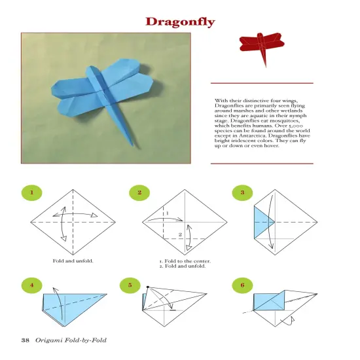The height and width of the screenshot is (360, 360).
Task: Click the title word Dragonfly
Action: (x=179, y=21)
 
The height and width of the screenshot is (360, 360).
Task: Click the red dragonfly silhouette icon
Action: (x=261, y=45)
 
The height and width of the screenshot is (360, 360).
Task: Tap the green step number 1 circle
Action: (x=30, y=192)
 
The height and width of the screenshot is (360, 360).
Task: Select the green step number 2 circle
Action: (x=139, y=192)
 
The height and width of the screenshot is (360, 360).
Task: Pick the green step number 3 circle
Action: (x=242, y=192)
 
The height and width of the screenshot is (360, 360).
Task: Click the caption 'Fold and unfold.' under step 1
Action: (x=73, y=261)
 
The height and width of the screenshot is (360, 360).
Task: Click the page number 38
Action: (x=26, y=340)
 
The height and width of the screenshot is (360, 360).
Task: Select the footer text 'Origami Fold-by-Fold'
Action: (x=71, y=340)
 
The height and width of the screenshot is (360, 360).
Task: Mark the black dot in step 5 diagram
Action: (x=148, y=287)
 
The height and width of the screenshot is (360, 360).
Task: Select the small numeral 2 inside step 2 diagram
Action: (x=180, y=234)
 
